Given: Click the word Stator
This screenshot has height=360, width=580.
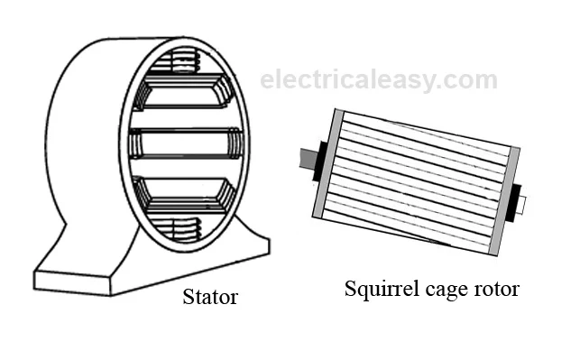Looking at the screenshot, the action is pos(209,297).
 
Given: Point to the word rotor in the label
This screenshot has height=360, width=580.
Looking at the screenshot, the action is pos(496,290).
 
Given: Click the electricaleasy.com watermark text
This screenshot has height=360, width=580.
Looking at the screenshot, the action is pos(379,79).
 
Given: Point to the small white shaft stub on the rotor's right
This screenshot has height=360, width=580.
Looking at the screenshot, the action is pos(523,204).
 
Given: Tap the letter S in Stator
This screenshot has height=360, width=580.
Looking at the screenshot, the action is pos(188,297).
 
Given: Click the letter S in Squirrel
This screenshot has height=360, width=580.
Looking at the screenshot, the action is pos(351,289).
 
